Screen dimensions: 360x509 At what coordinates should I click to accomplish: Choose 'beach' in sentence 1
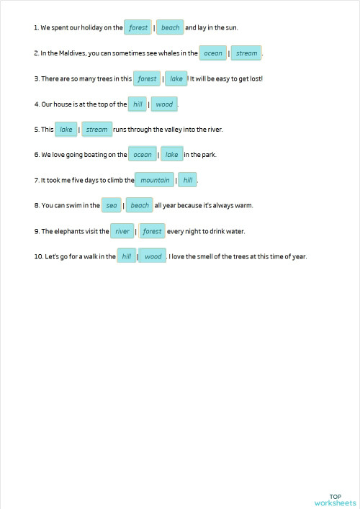pyautogui.click(x=171, y=28)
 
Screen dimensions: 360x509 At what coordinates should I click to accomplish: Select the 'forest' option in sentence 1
pyautogui.click(x=138, y=28)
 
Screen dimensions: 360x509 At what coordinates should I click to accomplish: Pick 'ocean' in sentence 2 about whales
pyautogui.click(x=213, y=53)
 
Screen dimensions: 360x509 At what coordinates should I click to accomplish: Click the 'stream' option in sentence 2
pyautogui.click(x=246, y=53)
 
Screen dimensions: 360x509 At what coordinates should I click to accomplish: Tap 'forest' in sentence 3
pyautogui.click(x=147, y=79)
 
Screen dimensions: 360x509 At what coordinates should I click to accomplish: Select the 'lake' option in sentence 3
pyautogui.click(x=176, y=79)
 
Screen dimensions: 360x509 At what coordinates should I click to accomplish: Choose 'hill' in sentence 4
pyautogui.click(x=138, y=104)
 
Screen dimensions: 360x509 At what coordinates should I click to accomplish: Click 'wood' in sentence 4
pyautogui.click(x=164, y=104)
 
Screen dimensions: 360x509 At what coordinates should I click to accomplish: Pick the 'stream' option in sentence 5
pyautogui.click(x=96, y=130)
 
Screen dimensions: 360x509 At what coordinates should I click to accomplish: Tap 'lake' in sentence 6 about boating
pyautogui.click(x=171, y=155)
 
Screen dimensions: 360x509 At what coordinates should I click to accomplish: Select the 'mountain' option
pyautogui.click(x=155, y=180)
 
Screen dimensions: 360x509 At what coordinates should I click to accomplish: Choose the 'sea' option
pyautogui.click(x=111, y=206)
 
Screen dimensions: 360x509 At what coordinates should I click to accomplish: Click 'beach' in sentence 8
pyautogui.click(x=140, y=206)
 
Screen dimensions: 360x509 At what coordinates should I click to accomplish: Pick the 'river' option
pyautogui.click(x=122, y=231)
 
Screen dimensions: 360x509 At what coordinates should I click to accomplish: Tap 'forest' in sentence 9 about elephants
pyautogui.click(x=152, y=231)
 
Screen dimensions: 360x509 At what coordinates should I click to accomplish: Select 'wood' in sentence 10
pyautogui.click(x=153, y=256)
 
